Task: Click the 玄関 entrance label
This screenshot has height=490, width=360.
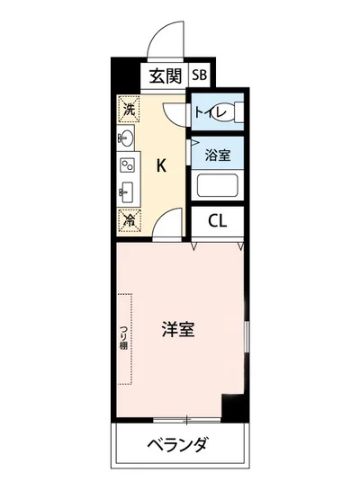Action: click(165, 76)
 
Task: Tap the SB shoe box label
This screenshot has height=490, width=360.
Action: click(198, 76)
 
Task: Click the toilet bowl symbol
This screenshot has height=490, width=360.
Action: click(236, 113)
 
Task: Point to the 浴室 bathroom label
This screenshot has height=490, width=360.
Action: click(217, 154)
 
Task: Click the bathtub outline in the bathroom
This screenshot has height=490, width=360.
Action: click(217, 187)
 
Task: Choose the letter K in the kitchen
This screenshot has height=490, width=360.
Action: click(162, 165)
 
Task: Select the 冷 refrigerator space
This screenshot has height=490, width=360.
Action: click(128, 218)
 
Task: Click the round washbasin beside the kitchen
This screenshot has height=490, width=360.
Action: click(125, 138)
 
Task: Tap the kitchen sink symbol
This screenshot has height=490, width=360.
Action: click(126, 191)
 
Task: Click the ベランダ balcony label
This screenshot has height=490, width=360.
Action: click(178, 445)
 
